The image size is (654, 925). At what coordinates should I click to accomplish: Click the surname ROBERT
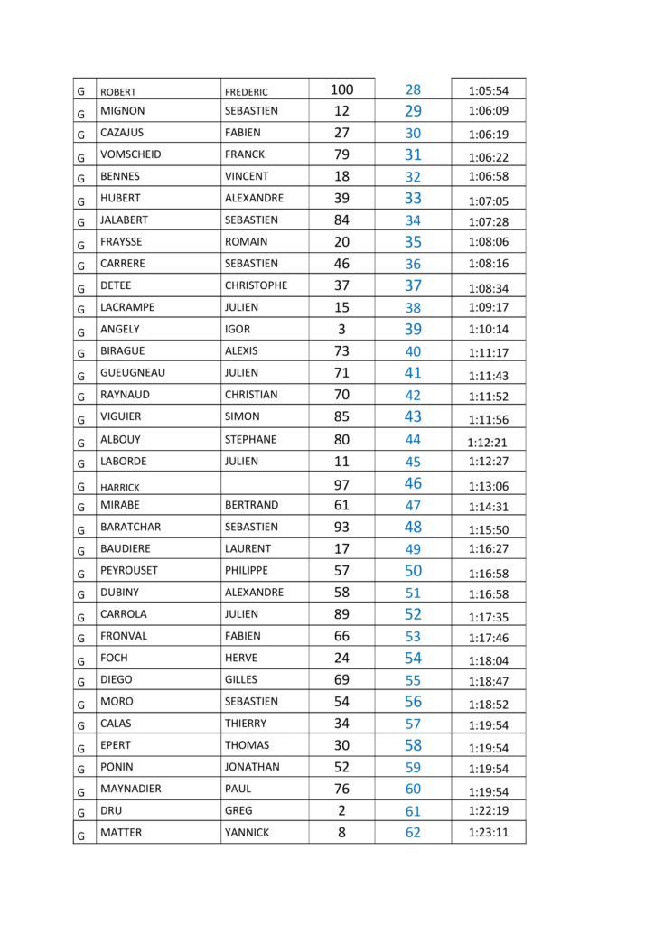[x=118, y=91]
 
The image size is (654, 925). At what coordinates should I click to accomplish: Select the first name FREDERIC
[x=247, y=91]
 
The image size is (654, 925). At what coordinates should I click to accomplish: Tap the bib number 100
[x=341, y=89]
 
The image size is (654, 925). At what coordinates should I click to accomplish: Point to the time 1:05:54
[x=489, y=90]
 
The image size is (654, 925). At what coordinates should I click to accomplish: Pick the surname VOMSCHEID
[x=131, y=154]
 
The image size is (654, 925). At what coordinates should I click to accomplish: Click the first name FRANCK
[x=245, y=154]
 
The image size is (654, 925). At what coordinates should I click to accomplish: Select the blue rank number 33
[x=413, y=198]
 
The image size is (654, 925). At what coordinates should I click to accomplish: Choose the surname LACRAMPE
[x=127, y=307]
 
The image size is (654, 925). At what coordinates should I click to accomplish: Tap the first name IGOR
[x=238, y=329]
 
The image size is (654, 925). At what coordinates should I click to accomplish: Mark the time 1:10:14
[x=489, y=330]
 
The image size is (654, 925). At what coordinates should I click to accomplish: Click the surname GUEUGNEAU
[x=133, y=372]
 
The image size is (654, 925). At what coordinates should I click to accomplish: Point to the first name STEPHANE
[x=250, y=440]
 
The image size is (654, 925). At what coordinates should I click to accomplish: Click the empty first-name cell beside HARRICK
[x=264, y=484]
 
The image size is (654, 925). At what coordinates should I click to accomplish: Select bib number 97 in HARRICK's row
[x=341, y=485]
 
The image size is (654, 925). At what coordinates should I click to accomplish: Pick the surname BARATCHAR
[x=132, y=527]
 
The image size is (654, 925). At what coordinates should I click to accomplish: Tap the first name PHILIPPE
[x=247, y=571]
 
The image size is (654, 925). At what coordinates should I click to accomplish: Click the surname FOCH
[x=114, y=658]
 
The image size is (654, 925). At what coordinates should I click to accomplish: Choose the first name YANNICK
[x=247, y=833]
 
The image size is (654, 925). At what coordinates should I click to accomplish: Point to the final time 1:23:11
[x=489, y=833]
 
